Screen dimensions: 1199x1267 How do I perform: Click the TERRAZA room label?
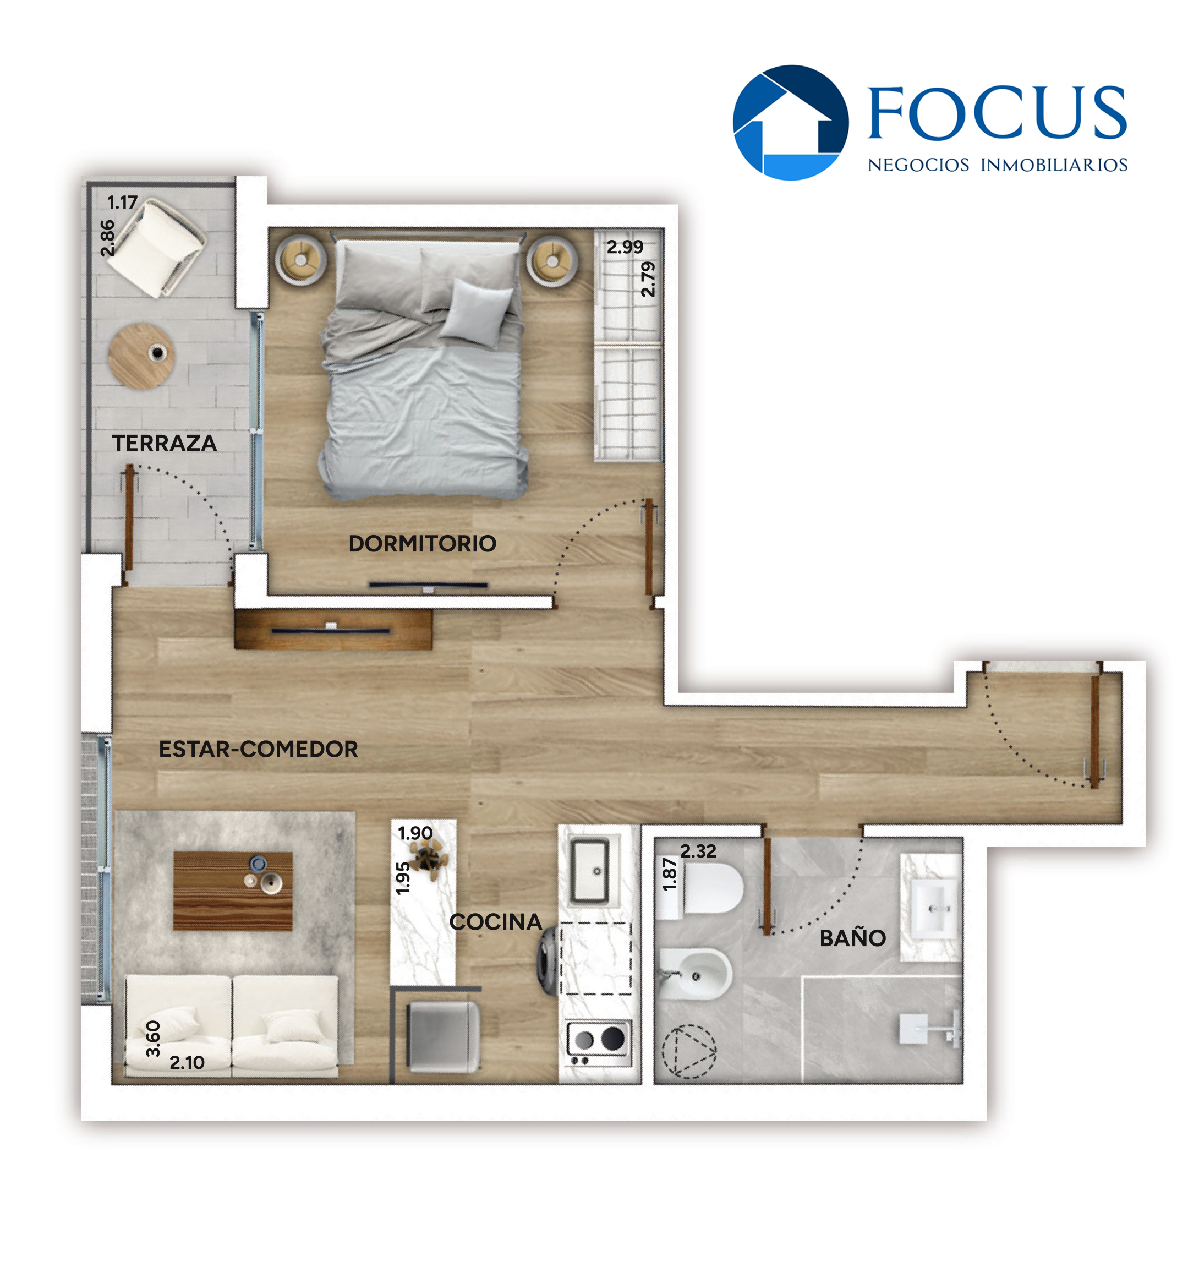165,443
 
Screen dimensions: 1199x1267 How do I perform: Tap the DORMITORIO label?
422,543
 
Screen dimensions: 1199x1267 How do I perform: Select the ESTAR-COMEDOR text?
258,749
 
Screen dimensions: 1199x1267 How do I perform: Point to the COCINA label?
495,921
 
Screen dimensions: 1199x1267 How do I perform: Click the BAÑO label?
852,938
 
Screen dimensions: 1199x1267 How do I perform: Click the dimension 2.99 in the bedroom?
625,246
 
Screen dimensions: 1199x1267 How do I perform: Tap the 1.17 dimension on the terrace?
122,202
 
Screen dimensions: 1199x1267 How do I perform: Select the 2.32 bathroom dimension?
698,851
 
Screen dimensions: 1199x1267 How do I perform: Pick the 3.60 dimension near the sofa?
153,1038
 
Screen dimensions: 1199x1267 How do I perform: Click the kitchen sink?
589,871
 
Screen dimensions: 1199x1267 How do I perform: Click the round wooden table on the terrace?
141,356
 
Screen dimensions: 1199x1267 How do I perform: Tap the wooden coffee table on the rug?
233,891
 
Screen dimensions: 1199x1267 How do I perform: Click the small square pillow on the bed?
477,313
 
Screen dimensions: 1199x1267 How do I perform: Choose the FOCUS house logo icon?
791,122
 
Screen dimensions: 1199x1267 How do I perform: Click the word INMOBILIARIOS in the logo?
1053,165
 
